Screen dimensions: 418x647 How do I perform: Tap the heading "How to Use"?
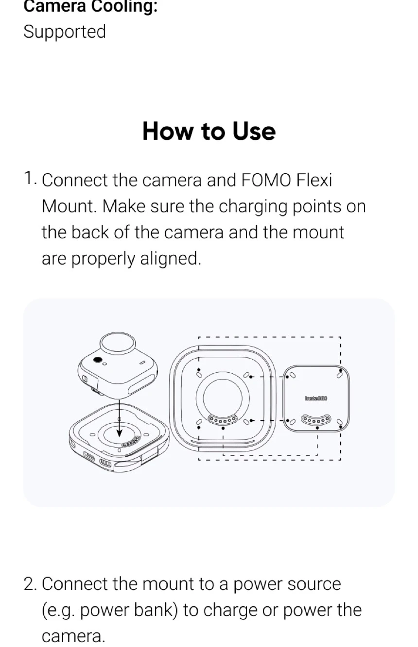point(209,131)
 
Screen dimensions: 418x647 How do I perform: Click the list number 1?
point(30,178)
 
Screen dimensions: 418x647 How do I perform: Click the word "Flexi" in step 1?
point(314,180)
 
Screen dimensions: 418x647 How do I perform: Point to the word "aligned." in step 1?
point(171,259)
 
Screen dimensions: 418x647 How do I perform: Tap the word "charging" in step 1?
point(253,207)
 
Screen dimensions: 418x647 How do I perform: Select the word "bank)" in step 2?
point(156,610)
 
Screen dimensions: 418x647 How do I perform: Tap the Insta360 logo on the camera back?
point(316,398)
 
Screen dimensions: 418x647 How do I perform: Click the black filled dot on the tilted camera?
point(98,360)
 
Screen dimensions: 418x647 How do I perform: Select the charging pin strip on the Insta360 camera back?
point(316,420)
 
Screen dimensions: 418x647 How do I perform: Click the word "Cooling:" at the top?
point(124,6)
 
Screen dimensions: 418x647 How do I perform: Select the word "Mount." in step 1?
point(70,206)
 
